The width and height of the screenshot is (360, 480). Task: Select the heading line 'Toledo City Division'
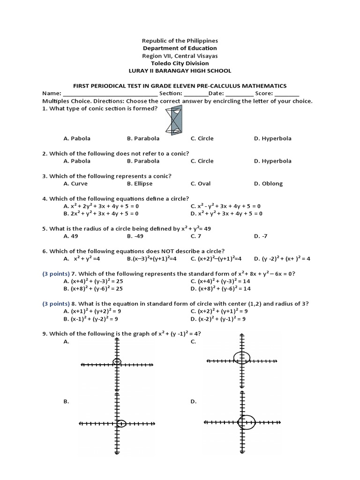pyautogui.click(x=180, y=63)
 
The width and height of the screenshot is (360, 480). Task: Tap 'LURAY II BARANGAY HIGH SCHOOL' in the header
pyautogui.click(x=180, y=71)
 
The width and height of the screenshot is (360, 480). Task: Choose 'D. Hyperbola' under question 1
pyautogui.click(x=272, y=138)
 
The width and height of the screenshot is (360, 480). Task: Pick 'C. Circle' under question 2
pyautogui.click(x=202, y=161)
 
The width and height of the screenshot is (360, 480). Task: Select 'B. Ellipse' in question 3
pyautogui.click(x=139, y=184)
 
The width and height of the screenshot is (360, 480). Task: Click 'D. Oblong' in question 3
pyautogui.click(x=268, y=184)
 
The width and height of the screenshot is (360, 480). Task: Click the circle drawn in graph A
pyautogui.click(x=117, y=361)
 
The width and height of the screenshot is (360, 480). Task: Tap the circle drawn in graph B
pyautogui.click(x=121, y=423)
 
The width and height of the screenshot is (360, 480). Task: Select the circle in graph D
pyautogui.click(x=246, y=422)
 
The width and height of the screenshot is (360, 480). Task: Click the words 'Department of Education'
pyautogui.click(x=180, y=48)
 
